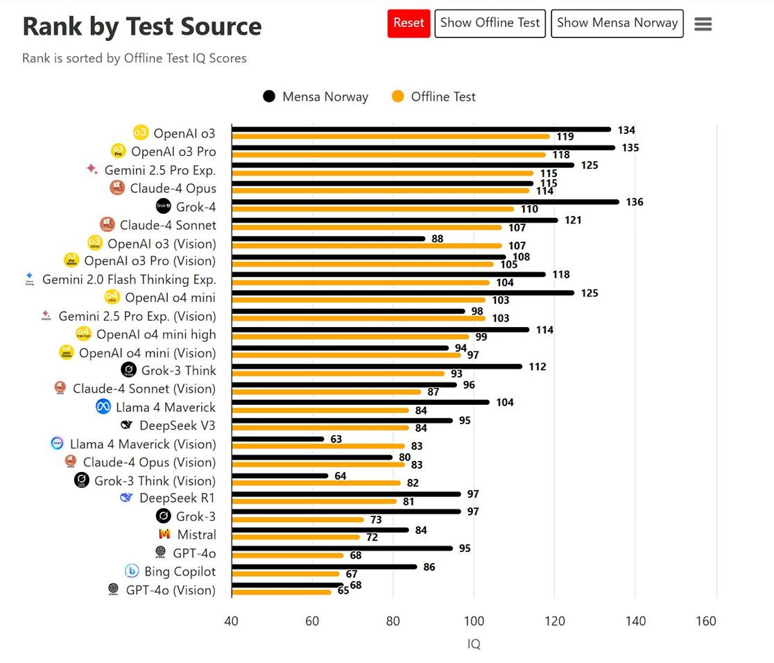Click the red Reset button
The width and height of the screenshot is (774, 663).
(x=409, y=24)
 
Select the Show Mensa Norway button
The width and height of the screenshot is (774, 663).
(x=617, y=24)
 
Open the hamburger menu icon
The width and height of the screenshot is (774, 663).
(x=703, y=24)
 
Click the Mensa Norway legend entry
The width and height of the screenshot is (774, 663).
(x=316, y=97)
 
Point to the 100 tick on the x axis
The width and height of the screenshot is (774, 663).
(x=474, y=621)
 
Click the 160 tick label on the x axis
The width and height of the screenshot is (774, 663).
(x=705, y=621)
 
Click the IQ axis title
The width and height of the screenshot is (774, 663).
(x=474, y=644)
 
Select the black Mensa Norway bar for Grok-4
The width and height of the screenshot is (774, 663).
(x=424, y=202)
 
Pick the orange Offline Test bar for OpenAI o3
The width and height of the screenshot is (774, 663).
(x=390, y=137)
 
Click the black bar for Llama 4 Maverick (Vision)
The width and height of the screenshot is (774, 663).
(x=277, y=439)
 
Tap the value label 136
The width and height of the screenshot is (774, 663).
(x=634, y=202)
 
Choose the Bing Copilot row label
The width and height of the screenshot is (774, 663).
(x=180, y=571)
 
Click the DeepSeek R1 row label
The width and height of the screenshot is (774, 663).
(x=177, y=498)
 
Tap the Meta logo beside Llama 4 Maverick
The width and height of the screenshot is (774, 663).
(x=103, y=408)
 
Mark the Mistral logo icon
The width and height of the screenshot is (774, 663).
(x=164, y=535)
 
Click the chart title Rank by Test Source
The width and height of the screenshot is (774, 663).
(x=142, y=27)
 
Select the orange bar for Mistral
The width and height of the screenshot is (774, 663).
(x=295, y=537)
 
